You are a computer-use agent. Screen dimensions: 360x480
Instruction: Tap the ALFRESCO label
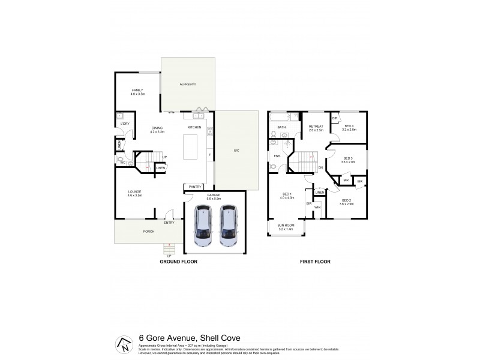(x=188, y=85)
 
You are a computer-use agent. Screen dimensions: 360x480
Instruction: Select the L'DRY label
(x=125, y=123)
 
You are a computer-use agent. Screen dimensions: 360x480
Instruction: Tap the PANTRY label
(x=195, y=187)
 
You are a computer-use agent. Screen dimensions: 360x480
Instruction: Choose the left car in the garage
(x=203, y=226)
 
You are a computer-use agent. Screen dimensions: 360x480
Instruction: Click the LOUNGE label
(x=134, y=193)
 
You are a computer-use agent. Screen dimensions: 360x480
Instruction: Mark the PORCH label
(x=149, y=231)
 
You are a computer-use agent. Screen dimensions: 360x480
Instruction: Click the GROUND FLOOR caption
(x=178, y=262)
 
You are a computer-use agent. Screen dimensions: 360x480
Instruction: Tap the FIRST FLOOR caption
(x=314, y=262)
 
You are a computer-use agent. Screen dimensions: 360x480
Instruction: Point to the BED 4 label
(x=349, y=127)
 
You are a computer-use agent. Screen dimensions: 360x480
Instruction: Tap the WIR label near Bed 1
(x=317, y=207)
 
